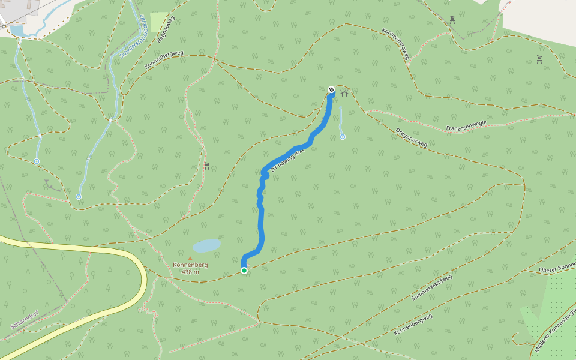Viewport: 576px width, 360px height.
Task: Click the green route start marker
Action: click(x=244, y=271)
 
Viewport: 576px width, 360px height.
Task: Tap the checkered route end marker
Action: click(x=331, y=90)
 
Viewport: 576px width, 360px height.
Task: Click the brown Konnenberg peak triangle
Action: click(x=190, y=259)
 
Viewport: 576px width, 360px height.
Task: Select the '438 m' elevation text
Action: click(x=190, y=272)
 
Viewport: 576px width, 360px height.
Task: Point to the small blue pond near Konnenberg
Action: click(x=206, y=246)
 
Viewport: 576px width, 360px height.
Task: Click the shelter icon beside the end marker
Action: click(x=344, y=93)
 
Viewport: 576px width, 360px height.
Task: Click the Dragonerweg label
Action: click(x=412, y=137)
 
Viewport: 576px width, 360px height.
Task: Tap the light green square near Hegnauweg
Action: click(x=159, y=22)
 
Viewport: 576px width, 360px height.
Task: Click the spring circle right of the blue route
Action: click(x=343, y=137)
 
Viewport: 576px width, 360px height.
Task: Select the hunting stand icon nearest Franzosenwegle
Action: click(x=539, y=59)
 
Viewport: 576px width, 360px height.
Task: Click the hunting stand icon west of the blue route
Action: click(x=207, y=166)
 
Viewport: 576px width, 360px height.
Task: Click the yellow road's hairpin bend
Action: click(x=143, y=278)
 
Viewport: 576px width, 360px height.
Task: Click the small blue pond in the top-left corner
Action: click(x=17, y=30)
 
